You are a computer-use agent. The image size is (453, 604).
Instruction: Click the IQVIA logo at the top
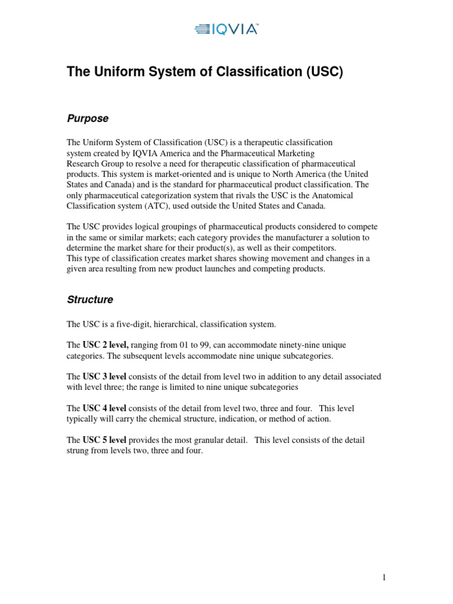(226, 28)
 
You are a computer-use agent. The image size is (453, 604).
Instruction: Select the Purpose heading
(87, 119)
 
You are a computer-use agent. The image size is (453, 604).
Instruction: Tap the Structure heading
(90, 300)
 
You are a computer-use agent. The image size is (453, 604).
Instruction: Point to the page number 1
(384, 577)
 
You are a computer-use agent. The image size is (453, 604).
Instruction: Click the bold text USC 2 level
(106, 344)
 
